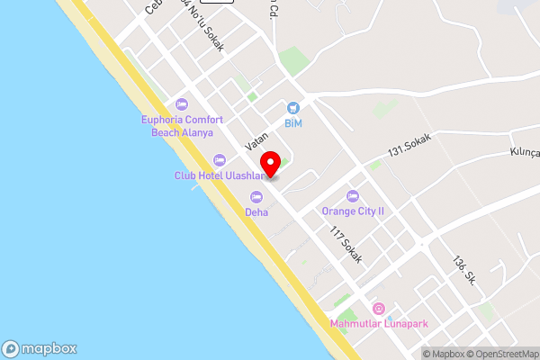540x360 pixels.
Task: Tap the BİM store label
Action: [292, 122]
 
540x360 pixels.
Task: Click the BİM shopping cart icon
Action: [292, 107]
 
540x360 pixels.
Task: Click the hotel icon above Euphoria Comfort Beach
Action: [182, 104]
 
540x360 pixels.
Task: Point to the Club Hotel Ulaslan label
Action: [220, 175]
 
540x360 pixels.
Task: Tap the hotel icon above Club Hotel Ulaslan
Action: [220, 160]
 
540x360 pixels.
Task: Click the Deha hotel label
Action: [257, 212]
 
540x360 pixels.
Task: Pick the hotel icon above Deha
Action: [257, 196]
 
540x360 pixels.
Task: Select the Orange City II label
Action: [353, 211]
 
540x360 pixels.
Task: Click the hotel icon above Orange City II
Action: [353, 195]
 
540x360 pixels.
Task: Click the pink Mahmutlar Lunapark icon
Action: [378, 309]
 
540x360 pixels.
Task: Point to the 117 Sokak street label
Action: [346, 245]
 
